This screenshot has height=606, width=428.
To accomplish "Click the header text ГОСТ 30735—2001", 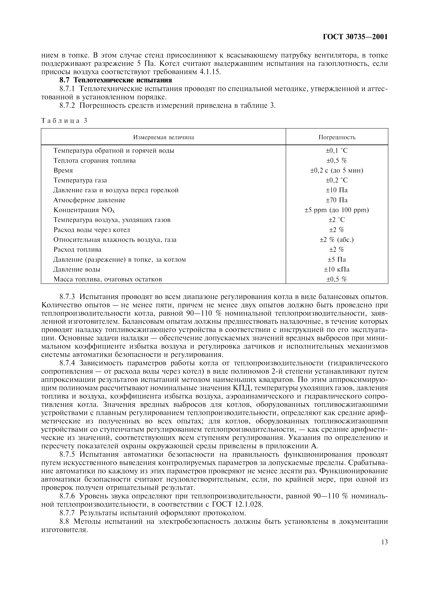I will pyautogui.click(x=355, y=37).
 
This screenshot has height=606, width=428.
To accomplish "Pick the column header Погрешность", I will pyautogui.click(x=337, y=137).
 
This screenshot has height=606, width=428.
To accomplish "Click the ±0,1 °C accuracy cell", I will pyautogui.click(x=337, y=151).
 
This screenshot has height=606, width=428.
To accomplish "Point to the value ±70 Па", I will pyautogui.click(x=337, y=200).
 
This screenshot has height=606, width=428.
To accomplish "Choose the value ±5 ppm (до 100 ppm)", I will pyautogui.click(x=337, y=210).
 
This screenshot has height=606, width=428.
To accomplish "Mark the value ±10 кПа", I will pyautogui.click(x=337, y=269).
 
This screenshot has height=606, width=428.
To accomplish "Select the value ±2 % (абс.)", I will pyautogui.click(x=337, y=240).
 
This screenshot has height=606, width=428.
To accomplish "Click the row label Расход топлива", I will pyautogui.click(x=77, y=250).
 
